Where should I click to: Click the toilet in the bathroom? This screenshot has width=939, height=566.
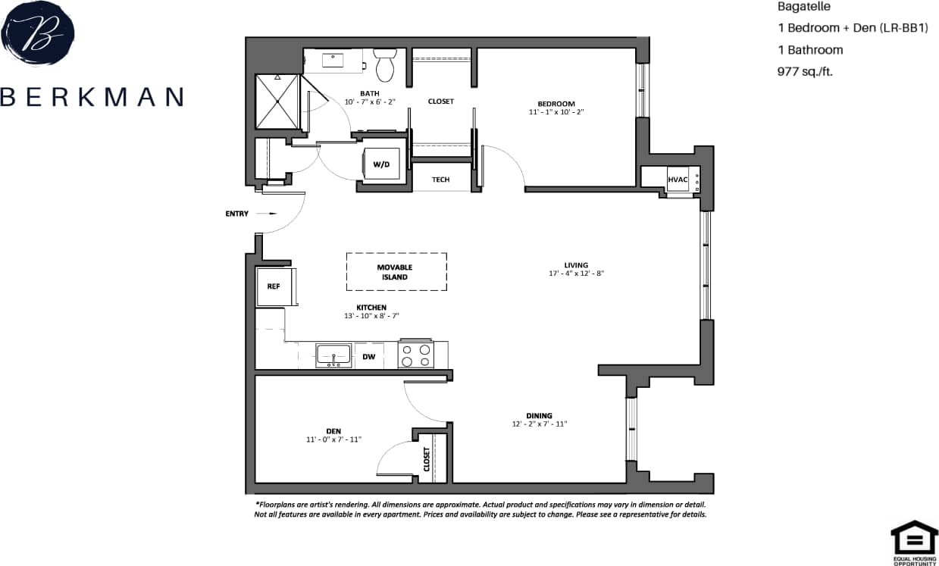click(386, 65)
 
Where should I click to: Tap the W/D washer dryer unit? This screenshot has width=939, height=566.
click(380, 163)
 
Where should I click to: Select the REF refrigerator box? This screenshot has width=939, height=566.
click(274, 286)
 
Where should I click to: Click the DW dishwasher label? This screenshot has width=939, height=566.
click(368, 356)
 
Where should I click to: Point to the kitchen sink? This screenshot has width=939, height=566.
click(333, 355)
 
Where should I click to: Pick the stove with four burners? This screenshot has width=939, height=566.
click(416, 355)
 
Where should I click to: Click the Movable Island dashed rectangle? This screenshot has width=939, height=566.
click(396, 272)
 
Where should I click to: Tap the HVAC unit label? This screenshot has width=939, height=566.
click(678, 180)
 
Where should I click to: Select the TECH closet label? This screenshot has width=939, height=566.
click(440, 180)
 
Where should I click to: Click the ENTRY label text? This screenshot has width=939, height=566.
click(236, 214)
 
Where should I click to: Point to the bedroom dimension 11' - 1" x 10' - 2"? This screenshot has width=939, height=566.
click(556, 112)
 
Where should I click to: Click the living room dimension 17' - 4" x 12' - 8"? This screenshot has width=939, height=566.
click(576, 274)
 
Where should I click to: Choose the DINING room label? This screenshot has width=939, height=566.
click(539, 415)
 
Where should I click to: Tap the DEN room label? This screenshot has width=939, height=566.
click(333, 430)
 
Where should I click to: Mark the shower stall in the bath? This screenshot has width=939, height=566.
click(277, 102)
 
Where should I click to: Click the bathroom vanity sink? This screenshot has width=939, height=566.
click(333, 59)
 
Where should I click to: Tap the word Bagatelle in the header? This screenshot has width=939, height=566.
click(805, 7)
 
